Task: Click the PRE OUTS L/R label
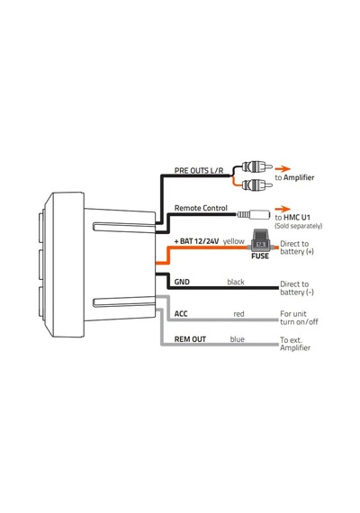[199, 170]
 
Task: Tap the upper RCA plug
[256, 167]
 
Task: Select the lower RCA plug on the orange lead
[256, 185]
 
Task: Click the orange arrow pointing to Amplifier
[283, 169]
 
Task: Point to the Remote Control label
[201, 208]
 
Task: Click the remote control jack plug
[253, 214]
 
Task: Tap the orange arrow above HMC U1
[283, 209]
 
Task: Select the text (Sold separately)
[298, 226]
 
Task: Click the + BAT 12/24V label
[196, 241]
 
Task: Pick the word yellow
[234, 241]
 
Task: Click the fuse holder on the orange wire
[260, 241]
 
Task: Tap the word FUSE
[260, 256]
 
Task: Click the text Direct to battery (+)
[296, 247]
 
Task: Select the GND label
[182, 282]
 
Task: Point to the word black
[236, 282]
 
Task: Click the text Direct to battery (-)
[296, 288]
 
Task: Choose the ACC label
[181, 314]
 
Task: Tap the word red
[238, 314]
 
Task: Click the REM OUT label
[190, 339]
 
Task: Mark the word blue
[237, 339]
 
